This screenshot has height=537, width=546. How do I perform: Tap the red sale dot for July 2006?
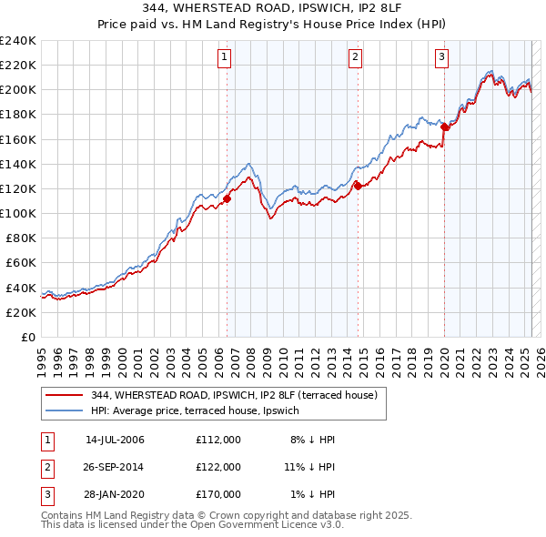coord(227,198)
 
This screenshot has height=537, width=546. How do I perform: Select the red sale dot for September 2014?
coord(358,186)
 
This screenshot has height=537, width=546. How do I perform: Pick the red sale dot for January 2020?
coord(444,127)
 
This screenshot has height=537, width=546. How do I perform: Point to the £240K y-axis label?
coord(18,41)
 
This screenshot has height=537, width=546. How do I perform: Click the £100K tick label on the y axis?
coord(18,213)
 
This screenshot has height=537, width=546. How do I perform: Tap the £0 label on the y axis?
coord(28,337)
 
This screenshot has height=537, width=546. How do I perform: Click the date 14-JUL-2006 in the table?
coord(115,440)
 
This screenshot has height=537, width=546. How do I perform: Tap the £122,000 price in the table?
coord(218,467)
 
